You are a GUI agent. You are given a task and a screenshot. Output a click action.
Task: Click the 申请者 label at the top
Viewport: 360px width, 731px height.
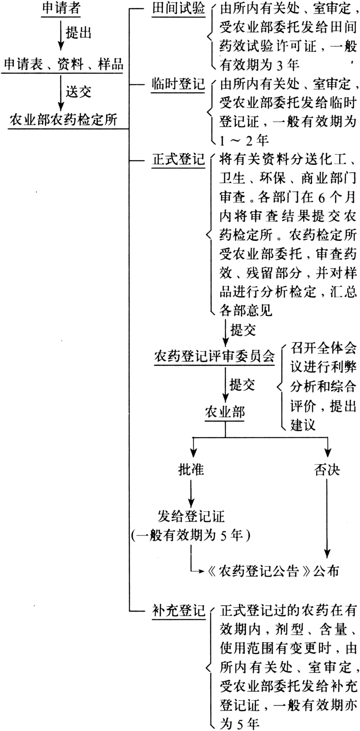coord(61,8)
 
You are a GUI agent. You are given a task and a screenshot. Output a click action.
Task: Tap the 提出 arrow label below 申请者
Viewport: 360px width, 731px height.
coord(78,32)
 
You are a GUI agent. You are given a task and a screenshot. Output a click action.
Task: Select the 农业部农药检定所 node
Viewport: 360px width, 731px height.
coord(64,119)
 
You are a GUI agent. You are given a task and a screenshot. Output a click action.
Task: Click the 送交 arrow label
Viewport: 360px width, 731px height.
coord(78,92)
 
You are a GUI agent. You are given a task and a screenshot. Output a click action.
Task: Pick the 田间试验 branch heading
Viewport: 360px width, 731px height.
coord(178,8)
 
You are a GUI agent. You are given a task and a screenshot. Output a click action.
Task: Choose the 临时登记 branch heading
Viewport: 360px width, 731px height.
coord(178,84)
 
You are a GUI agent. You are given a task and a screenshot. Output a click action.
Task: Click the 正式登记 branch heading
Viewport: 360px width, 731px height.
coord(178,159)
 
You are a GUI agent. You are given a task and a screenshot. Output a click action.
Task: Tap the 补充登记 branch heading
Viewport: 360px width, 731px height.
coord(178,611)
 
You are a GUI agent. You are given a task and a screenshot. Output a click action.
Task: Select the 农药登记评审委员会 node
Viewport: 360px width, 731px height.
coord(215,356)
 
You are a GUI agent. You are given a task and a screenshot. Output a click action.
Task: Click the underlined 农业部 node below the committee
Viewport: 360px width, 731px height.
coord(225,412)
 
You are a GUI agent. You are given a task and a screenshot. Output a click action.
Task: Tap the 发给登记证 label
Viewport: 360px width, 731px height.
coord(191,516)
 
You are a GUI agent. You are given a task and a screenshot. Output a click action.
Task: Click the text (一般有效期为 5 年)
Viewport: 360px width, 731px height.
coord(191,535)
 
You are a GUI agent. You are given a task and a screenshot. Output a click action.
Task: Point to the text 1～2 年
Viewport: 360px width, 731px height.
coord(244,140)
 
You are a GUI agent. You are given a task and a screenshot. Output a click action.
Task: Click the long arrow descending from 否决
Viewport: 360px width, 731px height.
coord(327,517)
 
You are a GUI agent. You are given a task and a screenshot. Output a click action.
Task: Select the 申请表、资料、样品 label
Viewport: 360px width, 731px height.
coord(64,64)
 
